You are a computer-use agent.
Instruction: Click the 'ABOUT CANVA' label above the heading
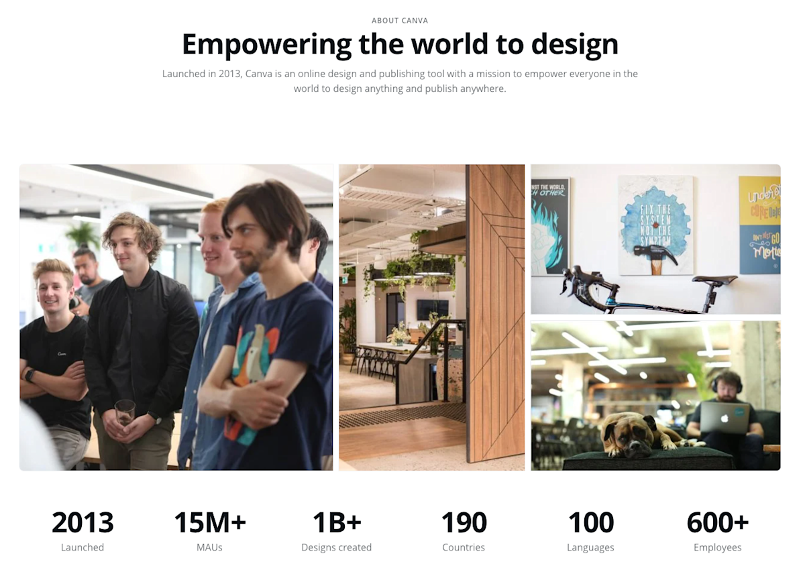point(400,21)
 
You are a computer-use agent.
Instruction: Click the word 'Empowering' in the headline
point(266,44)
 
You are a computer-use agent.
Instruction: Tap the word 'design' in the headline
point(575,44)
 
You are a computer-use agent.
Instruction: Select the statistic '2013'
point(83,523)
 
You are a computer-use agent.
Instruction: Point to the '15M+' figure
point(209,523)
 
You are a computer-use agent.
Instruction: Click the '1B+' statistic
point(336,523)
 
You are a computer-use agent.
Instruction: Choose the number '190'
point(464,523)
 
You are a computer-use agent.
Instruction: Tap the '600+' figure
point(717,523)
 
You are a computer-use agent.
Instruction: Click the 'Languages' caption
point(590,547)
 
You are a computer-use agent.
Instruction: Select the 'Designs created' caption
point(336,547)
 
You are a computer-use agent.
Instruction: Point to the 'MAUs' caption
point(209,547)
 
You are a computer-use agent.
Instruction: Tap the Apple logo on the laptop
point(724,418)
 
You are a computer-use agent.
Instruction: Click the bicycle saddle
point(714,280)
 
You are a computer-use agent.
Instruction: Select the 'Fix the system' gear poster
point(655,225)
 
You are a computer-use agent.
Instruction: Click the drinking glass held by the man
point(125,412)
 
